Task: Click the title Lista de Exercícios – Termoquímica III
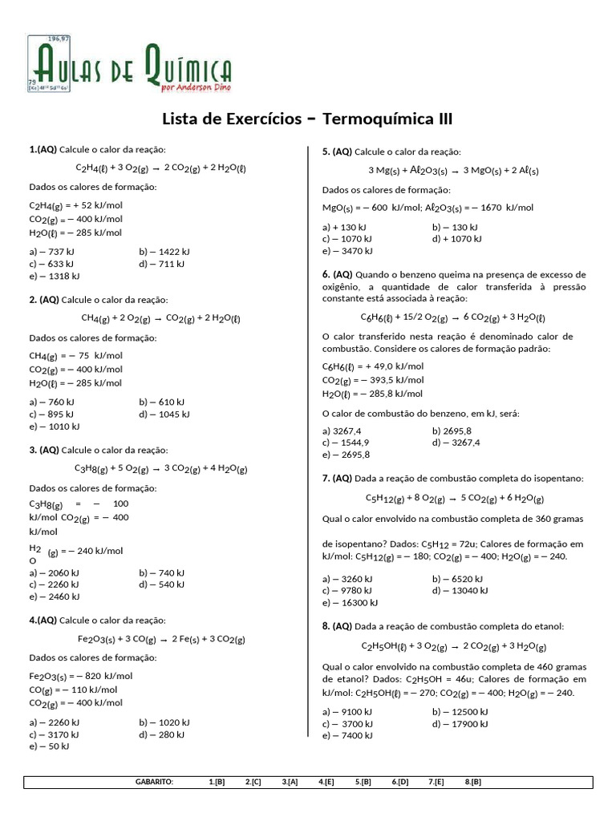307,119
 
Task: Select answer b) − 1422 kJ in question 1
164,251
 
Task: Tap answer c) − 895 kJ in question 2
52,414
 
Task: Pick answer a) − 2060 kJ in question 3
54,572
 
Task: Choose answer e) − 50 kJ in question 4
49,746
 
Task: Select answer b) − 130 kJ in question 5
455,227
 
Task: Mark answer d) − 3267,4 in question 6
456,442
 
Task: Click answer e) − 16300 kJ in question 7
350,602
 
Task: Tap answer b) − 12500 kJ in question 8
460,711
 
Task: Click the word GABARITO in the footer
155,782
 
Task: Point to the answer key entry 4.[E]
326,782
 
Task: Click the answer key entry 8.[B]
472,782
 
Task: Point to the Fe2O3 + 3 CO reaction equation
160,639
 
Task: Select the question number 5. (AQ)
337,152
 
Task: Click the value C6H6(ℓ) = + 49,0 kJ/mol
373,366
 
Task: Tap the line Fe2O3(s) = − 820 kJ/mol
81,676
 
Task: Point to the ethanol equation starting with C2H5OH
453,645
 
